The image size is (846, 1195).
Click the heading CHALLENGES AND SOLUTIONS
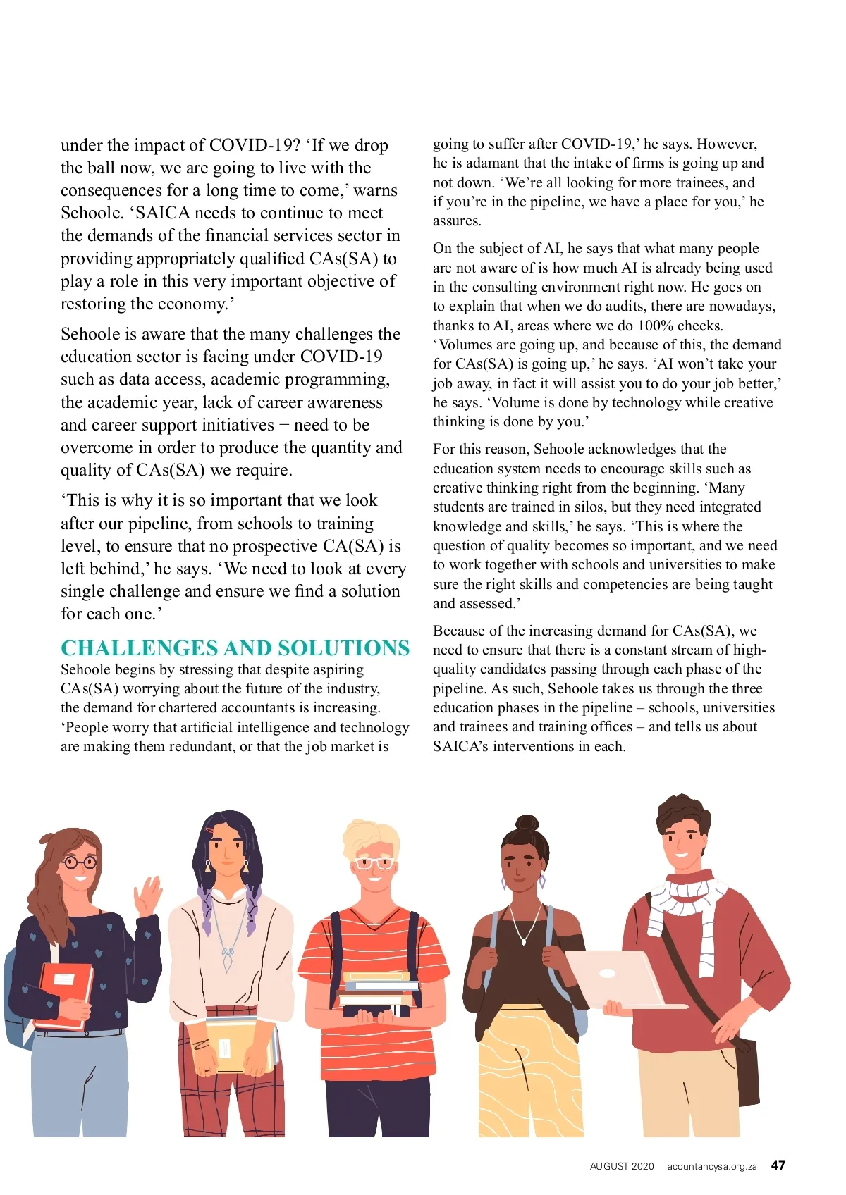(x=235, y=648)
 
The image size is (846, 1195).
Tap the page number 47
(x=778, y=1165)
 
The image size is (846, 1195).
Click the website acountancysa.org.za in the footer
(x=711, y=1166)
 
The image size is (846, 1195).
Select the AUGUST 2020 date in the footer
(x=622, y=1166)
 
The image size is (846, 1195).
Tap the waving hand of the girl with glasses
(x=149, y=896)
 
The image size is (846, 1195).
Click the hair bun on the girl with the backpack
(x=526, y=823)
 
